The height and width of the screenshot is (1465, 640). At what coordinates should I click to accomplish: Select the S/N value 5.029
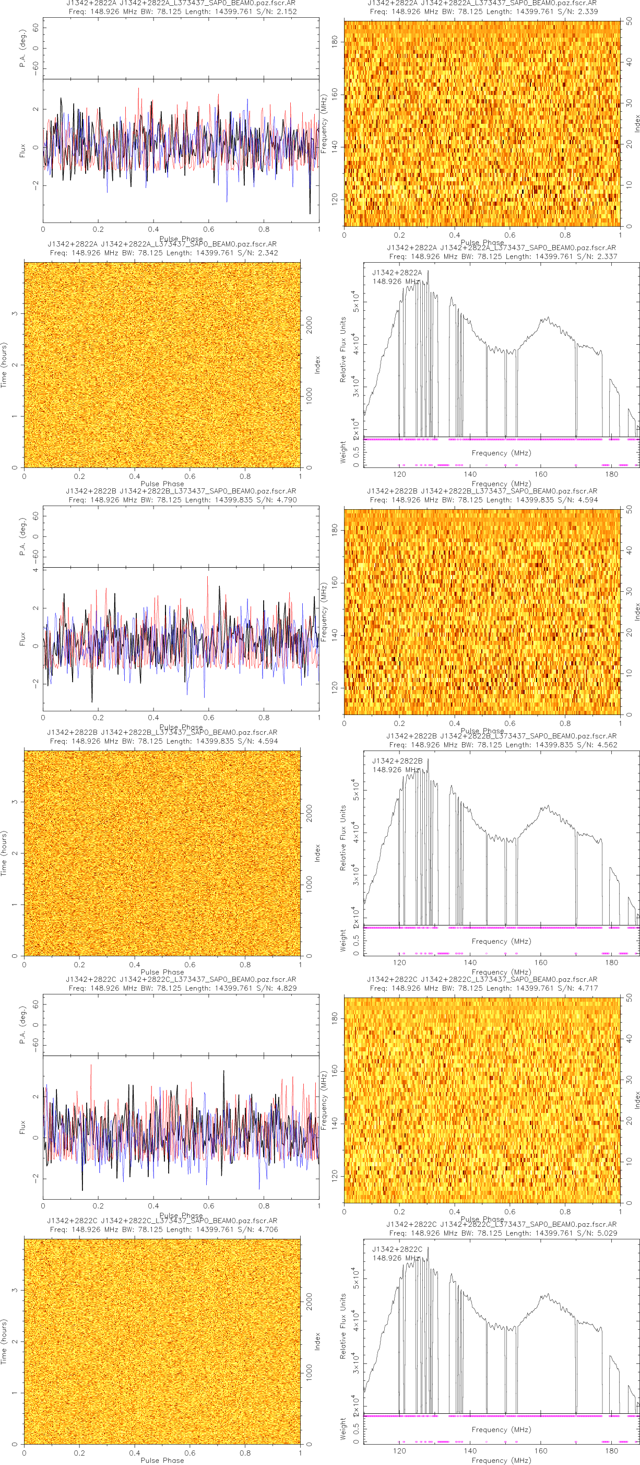pos(606,1233)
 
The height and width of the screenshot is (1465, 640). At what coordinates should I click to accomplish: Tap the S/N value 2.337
pos(606,256)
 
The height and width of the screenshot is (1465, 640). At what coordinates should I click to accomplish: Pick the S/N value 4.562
pos(606,744)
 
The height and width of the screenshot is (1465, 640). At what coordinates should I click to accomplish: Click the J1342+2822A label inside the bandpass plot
pos(397,273)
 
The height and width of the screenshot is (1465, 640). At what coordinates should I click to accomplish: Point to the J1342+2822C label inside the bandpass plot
pos(397,1249)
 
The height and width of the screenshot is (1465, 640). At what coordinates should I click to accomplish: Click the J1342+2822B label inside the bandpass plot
pos(397,761)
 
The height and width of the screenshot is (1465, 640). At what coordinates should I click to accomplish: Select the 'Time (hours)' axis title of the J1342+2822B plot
pos(5,853)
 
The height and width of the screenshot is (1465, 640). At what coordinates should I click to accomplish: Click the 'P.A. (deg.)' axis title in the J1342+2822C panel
pos(23,1025)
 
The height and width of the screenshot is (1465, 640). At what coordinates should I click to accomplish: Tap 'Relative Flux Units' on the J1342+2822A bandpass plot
pos(343,349)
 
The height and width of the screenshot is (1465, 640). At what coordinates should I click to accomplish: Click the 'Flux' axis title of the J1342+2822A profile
pos(23,151)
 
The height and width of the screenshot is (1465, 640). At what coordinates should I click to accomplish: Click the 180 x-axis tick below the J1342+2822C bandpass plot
pos(611,1450)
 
